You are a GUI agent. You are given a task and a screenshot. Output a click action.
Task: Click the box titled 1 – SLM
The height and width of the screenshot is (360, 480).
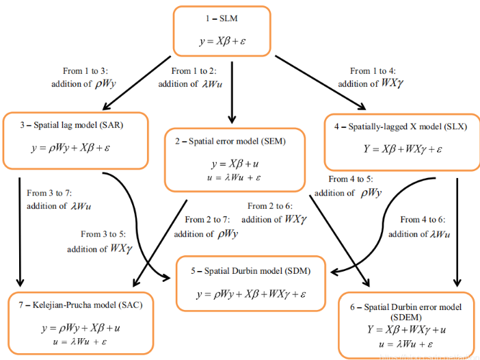[x=222, y=31]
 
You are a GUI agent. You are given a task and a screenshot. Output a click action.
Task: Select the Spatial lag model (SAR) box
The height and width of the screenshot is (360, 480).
[x=75, y=140]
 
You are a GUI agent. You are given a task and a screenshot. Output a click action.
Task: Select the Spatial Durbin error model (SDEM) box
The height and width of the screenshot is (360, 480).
[x=406, y=324]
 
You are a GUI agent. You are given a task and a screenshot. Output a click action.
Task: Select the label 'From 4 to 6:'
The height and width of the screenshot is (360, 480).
[x=424, y=220]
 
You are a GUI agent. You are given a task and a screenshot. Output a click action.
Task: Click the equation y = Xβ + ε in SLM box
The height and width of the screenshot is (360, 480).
[x=222, y=42]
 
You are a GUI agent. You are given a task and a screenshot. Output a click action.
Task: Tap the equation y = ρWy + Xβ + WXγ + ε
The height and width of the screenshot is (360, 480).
[x=250, y=295]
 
